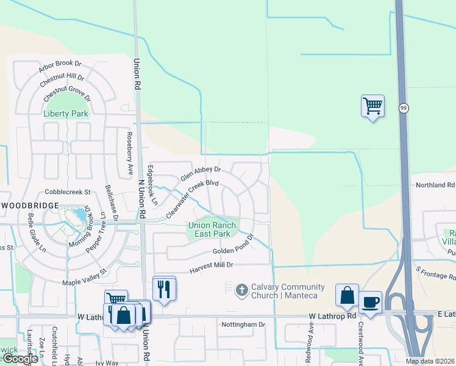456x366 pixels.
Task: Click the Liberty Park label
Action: coord(66,113)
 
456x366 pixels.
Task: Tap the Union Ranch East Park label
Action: coord(209,229)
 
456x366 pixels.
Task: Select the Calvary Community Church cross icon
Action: coord(242,290)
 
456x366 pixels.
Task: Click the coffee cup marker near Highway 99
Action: coord(370,301)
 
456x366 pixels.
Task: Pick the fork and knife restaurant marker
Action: coord(163,288)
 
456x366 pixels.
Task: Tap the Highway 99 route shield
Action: coord(404,108)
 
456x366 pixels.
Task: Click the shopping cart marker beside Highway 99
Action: coord(372,106)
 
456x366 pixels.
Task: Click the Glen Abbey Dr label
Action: coord(201,174)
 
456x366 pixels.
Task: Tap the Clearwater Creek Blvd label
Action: coord(192,199)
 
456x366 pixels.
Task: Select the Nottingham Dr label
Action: coord(243,325)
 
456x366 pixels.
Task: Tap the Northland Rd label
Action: coord(435,185)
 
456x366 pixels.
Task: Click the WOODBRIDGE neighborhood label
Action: coord(29,206)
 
